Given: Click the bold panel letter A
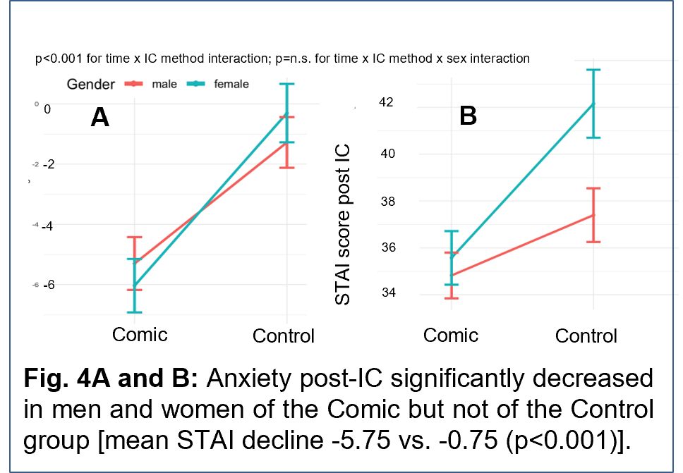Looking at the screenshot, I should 99,117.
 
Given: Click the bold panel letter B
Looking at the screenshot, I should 468,116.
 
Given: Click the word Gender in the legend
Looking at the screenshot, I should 90,85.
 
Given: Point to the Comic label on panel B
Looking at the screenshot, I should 450,335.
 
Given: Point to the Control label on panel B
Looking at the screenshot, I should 586,336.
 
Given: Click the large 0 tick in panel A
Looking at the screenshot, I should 47,109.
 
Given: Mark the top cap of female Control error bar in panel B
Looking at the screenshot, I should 593,70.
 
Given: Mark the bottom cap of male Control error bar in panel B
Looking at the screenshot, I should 593,242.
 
